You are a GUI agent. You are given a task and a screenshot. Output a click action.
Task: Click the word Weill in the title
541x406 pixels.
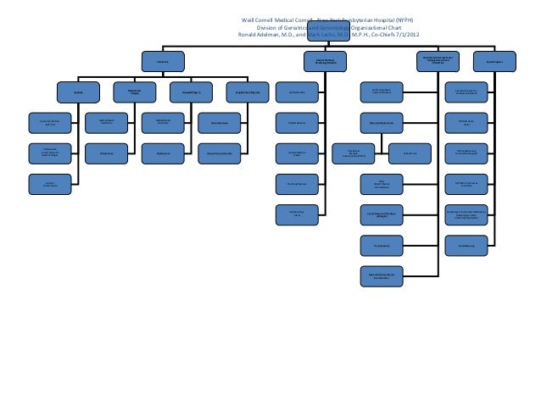tap(250, 19)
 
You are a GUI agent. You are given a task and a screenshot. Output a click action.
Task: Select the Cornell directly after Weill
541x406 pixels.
tap(272, 19)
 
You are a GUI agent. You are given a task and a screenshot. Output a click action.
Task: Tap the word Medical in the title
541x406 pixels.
tap(298, 19)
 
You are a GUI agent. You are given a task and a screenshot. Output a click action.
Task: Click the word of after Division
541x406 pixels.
tap(297, 27)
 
